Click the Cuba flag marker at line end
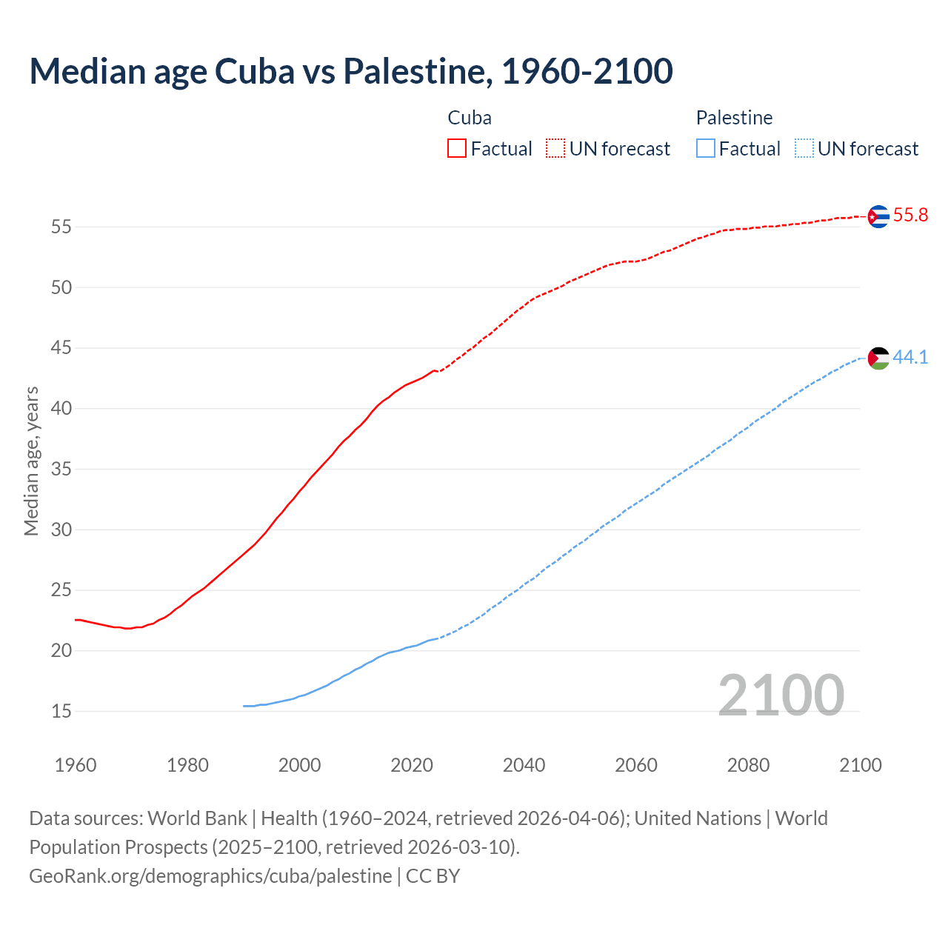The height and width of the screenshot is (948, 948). coord(878,216)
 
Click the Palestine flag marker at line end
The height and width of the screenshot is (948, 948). coord(878,358)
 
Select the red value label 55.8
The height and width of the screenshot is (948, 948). coord(910,216)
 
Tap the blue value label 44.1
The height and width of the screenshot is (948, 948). coord(910,357)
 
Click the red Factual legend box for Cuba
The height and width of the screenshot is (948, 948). coord(457,148)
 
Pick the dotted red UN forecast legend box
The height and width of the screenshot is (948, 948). coord(555,148)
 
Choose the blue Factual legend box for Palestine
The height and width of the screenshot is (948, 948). coord(706,148)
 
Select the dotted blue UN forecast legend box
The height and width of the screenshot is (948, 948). coord(804,148)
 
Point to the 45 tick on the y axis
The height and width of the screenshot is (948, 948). coord(61,348)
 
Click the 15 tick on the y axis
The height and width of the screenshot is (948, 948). coord(61,712)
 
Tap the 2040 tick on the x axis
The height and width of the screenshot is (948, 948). coord(524,765)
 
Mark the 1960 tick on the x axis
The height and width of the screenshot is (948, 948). coord(76,765)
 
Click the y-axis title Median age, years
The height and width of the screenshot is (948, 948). coord(31,461)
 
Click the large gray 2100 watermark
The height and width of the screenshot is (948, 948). coord(781,695)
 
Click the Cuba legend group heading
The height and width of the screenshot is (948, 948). coord(470,118)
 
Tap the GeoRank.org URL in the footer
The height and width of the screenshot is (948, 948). coord(210,875)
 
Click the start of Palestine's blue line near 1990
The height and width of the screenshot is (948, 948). coord(244,706)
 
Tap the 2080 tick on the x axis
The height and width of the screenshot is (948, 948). coord(748,765)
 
